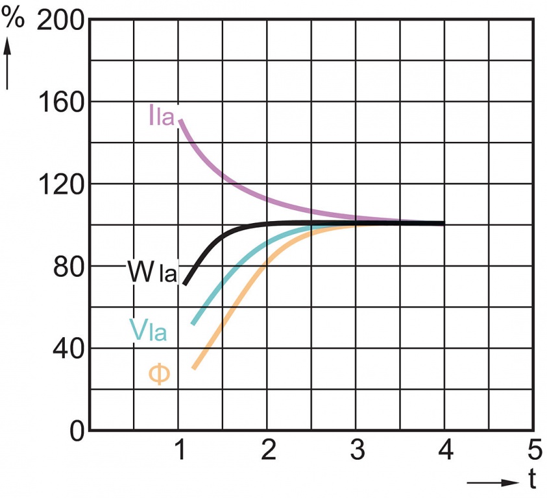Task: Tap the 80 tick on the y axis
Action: (68, 266)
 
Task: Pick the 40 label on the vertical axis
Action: (68, 348)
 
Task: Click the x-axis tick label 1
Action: (180, 449)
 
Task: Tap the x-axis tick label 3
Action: (357, 449)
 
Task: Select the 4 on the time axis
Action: (445, 449)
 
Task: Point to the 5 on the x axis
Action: (533, 449)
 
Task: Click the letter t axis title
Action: (532, 480)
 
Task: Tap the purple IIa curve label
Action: (162, 117)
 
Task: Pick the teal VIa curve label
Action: (148, 331)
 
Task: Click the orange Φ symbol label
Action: (160, 374)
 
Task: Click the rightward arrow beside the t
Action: (493, 482)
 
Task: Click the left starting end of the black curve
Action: (186, 283)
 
